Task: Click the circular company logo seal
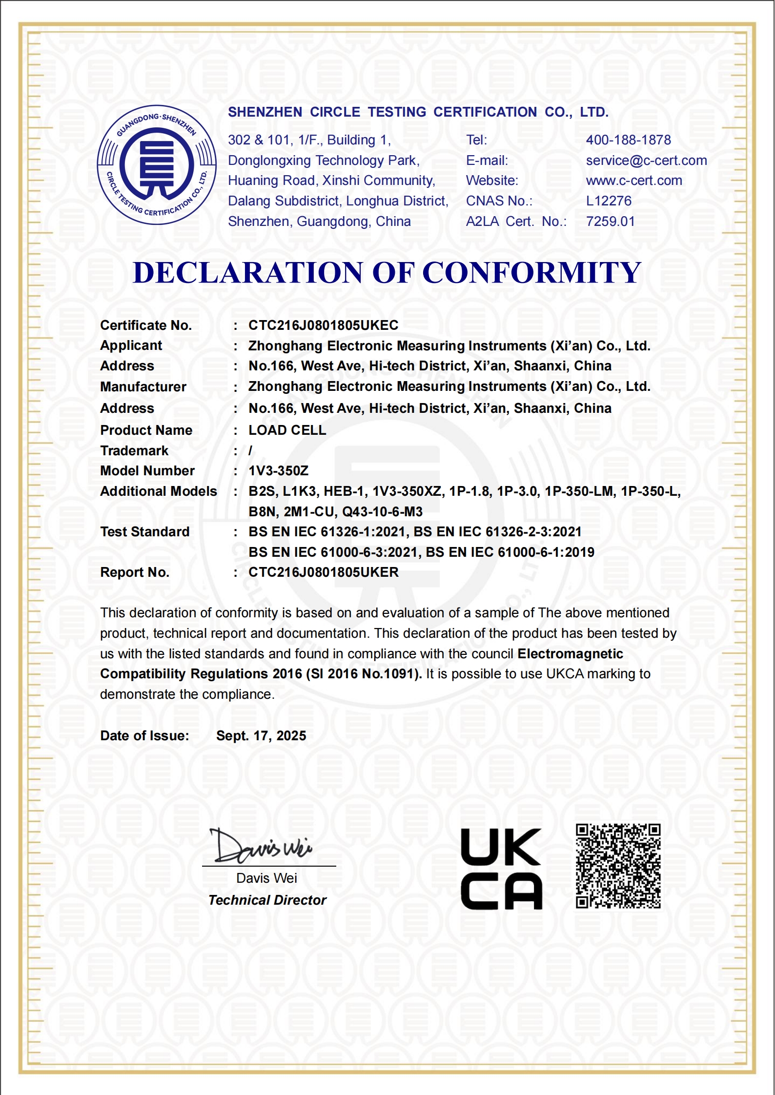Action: coord(157,165)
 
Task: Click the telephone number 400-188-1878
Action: coord(628,140)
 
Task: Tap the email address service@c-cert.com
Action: coord(646,161)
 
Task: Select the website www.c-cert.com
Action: coord(633,181)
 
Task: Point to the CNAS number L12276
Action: coord(609,201)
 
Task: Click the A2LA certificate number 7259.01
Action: coord(610,222)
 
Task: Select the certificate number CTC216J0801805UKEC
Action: coord(323,325)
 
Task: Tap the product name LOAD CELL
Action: coord(287,430)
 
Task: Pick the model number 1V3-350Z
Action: coord(278,471)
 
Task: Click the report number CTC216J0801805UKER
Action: coord(323,572)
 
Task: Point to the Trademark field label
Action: coord(134,451)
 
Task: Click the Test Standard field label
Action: coord(144,532)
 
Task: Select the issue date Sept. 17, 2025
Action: coord(261,736)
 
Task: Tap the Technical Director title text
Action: coord(267,900)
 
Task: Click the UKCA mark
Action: coord(501,869)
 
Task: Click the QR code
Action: coord(618,866)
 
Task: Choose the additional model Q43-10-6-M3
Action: coord(382,512)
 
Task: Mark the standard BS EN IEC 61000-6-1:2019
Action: coord(510,552)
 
